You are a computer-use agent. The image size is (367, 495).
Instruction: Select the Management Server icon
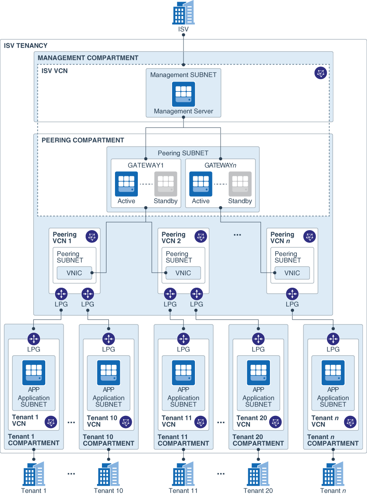click(183, 94)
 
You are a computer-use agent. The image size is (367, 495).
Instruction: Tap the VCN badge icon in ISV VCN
click(321, 73)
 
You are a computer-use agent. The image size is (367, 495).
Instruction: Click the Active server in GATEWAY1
click(126, 184)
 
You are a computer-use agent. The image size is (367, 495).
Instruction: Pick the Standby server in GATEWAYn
click(240, 184)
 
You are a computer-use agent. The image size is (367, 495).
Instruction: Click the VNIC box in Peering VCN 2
click(183, 273)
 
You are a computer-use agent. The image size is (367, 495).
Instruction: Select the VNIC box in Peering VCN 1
click(74, 273)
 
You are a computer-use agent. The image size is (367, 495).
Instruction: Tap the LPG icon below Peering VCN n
click(292, 294)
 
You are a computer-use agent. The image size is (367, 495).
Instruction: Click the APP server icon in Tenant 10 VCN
click(108, 373)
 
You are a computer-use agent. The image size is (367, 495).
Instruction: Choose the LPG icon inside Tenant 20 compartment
click(258, 339)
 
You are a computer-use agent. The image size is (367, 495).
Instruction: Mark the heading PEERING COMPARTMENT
click(83, 140)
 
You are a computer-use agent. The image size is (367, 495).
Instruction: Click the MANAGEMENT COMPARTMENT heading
click(88, 58)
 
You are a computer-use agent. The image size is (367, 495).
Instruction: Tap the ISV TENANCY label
click(26, 46)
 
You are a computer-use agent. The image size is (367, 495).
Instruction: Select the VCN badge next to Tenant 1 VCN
click(51, 422)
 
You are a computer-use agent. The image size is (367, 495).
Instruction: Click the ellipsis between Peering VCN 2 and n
click(237, 235)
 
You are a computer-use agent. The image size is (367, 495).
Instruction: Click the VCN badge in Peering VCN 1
click(92, 237)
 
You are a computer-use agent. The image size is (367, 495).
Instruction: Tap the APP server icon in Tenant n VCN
click(333, 373)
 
